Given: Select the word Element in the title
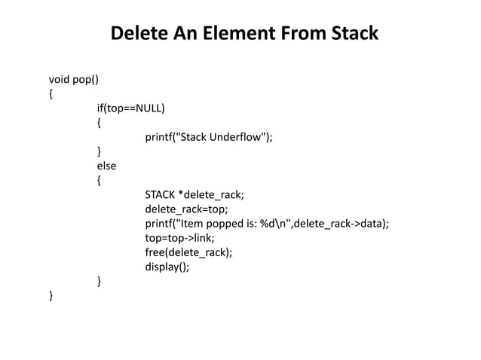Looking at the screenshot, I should pyautogui.click(x=238, y=35).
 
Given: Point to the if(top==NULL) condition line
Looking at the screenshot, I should pyautogui.click(x=131, y=108).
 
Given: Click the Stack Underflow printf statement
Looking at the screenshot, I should pyautogui.click(x=209, y=136).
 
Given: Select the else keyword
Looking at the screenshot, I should pyautogui.click(x=106, y=166).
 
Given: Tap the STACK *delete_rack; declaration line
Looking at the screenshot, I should pyautogui.click(x=195, y=195).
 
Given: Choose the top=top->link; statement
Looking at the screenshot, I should pyautogui.click(x=178, y=239).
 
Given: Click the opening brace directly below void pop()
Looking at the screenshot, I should pyautogui.click(x=51, y=93).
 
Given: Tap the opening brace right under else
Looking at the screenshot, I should pyautogui.click(x=99, y=181).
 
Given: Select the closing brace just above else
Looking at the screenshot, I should pyautogui.click(x=99, y=151).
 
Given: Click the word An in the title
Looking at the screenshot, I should pyautogui.click(x=185, y=35).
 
